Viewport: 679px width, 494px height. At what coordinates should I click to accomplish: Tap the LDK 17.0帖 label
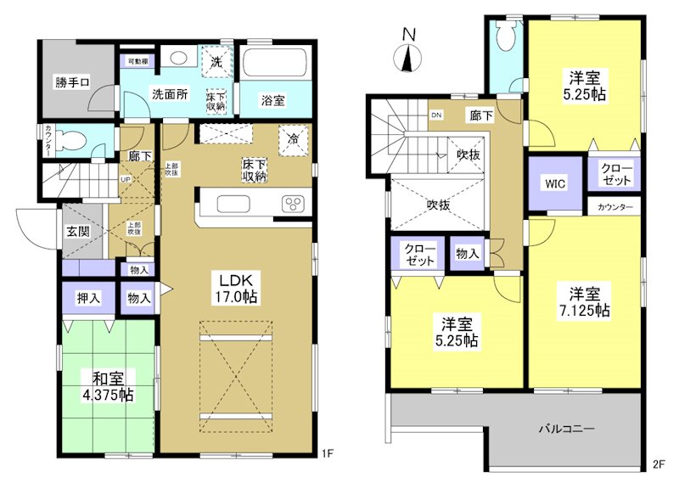[x=238, y=289]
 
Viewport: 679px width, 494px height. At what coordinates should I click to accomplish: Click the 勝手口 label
[x=74, y=82]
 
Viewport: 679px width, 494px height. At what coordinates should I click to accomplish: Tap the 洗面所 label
[x=170, y=94]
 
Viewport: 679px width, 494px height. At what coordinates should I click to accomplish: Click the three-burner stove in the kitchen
[x=291, y=205]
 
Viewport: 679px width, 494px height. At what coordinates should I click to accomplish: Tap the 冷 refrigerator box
[x=293, y=138]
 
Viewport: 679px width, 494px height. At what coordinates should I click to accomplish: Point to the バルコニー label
[x=565, y=428]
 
